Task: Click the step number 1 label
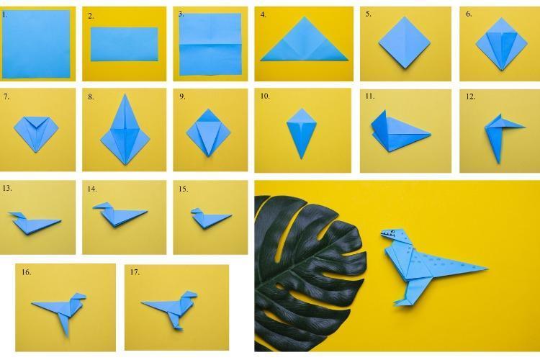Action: [x=4, y=15]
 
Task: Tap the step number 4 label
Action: [x=264, y=15]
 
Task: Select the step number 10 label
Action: [x=265, y=96]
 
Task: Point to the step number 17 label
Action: [x=135, y=272]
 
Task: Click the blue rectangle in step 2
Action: [x=125, y=45]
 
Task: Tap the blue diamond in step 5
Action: [x=405, y=42]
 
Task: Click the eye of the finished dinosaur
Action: [x=392, y=231]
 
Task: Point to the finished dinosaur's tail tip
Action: [x=487, y=269]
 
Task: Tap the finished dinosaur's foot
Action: [x=402, y=302]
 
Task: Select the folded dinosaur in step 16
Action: [x=61, y=310]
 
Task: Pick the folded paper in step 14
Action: [x=119, y=215]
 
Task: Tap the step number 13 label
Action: [x=7, y=188]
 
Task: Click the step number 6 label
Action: [x=469, y=14]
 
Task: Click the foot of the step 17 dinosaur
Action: [x=178, y=326]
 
